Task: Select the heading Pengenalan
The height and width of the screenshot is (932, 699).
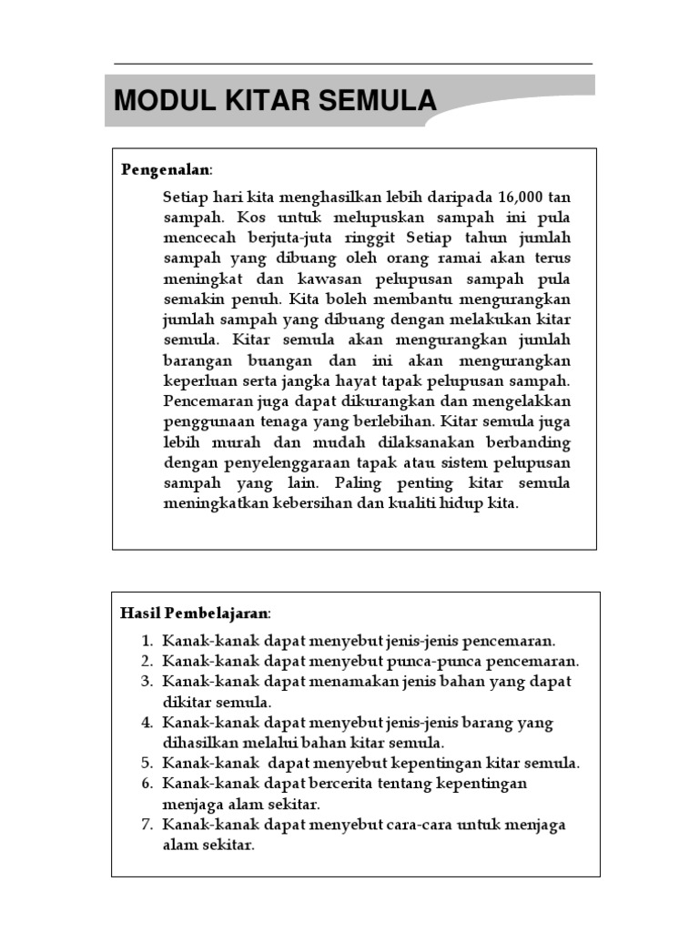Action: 165,169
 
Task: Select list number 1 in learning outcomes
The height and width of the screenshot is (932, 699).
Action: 147,641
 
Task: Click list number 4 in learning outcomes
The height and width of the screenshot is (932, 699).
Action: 147,723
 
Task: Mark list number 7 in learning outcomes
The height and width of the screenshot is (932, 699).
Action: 147,825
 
